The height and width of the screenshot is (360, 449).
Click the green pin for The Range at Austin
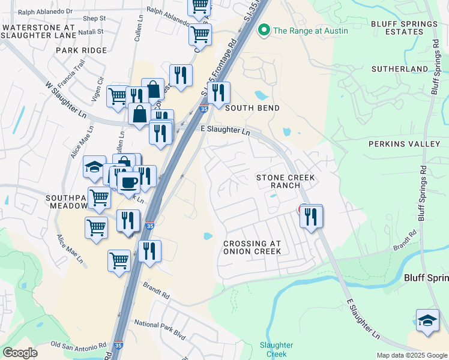[263, 30]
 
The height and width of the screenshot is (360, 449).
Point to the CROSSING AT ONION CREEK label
[252, 247]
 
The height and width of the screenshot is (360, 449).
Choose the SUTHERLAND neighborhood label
[400, 69]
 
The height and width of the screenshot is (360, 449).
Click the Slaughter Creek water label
[276, 349]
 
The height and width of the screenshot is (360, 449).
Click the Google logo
[20, 353]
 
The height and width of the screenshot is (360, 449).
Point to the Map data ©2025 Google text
[411, 355]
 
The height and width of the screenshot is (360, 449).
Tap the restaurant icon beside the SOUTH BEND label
[218, 93]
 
